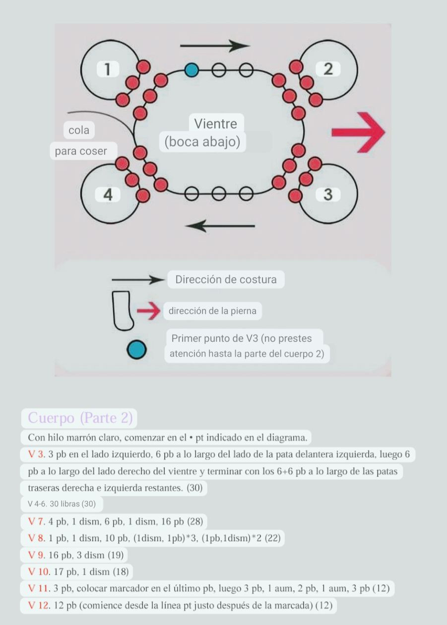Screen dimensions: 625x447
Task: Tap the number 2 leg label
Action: coord(328,69)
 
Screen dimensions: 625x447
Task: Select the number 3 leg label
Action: coord(328,195)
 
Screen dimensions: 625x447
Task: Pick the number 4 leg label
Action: coord(108,195)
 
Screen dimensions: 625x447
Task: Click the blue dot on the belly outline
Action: coord(192,70)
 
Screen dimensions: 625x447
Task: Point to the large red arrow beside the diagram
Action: coord(358,131)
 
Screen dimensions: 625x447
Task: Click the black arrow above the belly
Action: coord(214,46)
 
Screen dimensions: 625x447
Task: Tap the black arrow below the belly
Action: coord(220,226)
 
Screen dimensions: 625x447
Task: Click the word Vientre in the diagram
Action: coord(215,124)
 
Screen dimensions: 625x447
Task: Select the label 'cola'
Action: coord(79,130)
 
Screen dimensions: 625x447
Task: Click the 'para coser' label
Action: coord(81,151)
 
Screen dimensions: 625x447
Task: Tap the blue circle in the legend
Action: coord(136,349)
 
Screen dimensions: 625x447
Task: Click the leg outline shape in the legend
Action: coord(121,311)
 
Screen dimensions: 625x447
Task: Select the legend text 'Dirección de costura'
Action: coord(226,279)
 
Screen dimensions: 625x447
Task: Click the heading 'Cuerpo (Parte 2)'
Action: coord(80,418)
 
